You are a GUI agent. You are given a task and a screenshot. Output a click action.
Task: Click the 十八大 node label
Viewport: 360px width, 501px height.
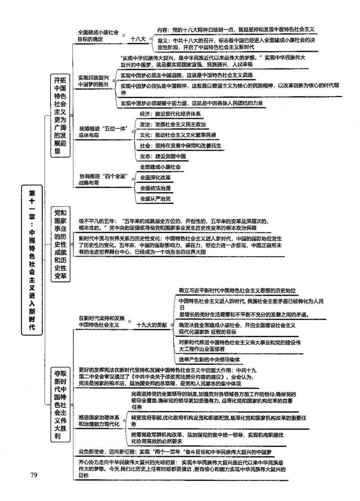138,39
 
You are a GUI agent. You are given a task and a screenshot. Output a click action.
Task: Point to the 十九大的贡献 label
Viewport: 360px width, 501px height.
151,324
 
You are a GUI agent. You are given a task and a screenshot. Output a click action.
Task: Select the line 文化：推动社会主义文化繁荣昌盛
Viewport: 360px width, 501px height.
178,135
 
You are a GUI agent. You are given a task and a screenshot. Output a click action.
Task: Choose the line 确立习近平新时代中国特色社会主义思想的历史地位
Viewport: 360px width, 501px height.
239,291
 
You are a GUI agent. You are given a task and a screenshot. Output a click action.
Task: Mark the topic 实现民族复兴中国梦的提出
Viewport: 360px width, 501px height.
93,81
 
